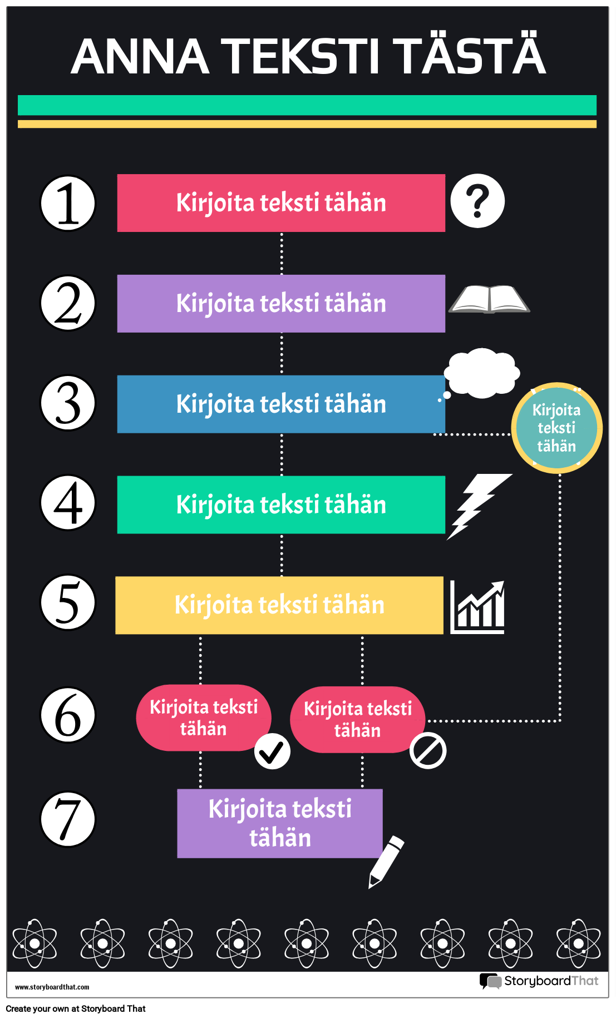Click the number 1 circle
coord(68,203)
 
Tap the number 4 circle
coord(68,503)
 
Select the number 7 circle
coord(68,819)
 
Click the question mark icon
coord(477,201)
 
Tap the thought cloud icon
coord(482,373)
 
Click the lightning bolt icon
coord(478,505)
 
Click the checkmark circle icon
coord(272,751)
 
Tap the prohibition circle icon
coord(428,751)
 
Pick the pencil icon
coord(386,861)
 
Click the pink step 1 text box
coord(281,203)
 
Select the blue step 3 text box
coord(281,404)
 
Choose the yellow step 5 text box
coord(279,605)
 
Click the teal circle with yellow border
coord(556,428)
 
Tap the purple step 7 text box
coord(280,823)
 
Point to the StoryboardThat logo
coord(539,981)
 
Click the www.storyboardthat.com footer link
coord(52,987)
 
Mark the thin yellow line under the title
coord(307,124)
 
